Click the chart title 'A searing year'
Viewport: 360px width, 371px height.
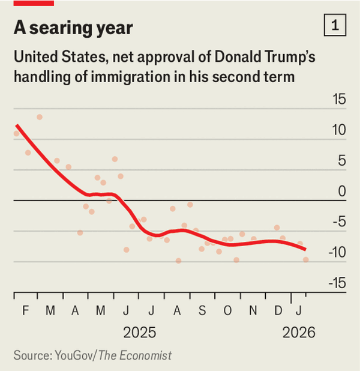point(73,28)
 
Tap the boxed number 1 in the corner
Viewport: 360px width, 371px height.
point(334,26)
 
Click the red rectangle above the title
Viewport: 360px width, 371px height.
point(34,3)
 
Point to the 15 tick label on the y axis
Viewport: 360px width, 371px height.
point(339,99)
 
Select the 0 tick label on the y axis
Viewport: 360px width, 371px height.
point(342,192)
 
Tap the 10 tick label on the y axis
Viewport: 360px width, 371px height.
point(339,130)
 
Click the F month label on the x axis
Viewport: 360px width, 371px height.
point(26,310)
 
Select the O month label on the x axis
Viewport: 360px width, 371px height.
point(227,310)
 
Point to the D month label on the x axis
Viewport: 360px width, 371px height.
point(278,310)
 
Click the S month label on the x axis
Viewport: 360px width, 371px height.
point(202,310)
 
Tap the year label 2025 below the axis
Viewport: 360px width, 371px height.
point(139,333)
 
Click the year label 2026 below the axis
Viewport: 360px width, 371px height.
point(298,333)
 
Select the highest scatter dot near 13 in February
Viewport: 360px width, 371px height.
point(40,117)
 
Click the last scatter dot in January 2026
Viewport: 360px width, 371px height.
point(305,259)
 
